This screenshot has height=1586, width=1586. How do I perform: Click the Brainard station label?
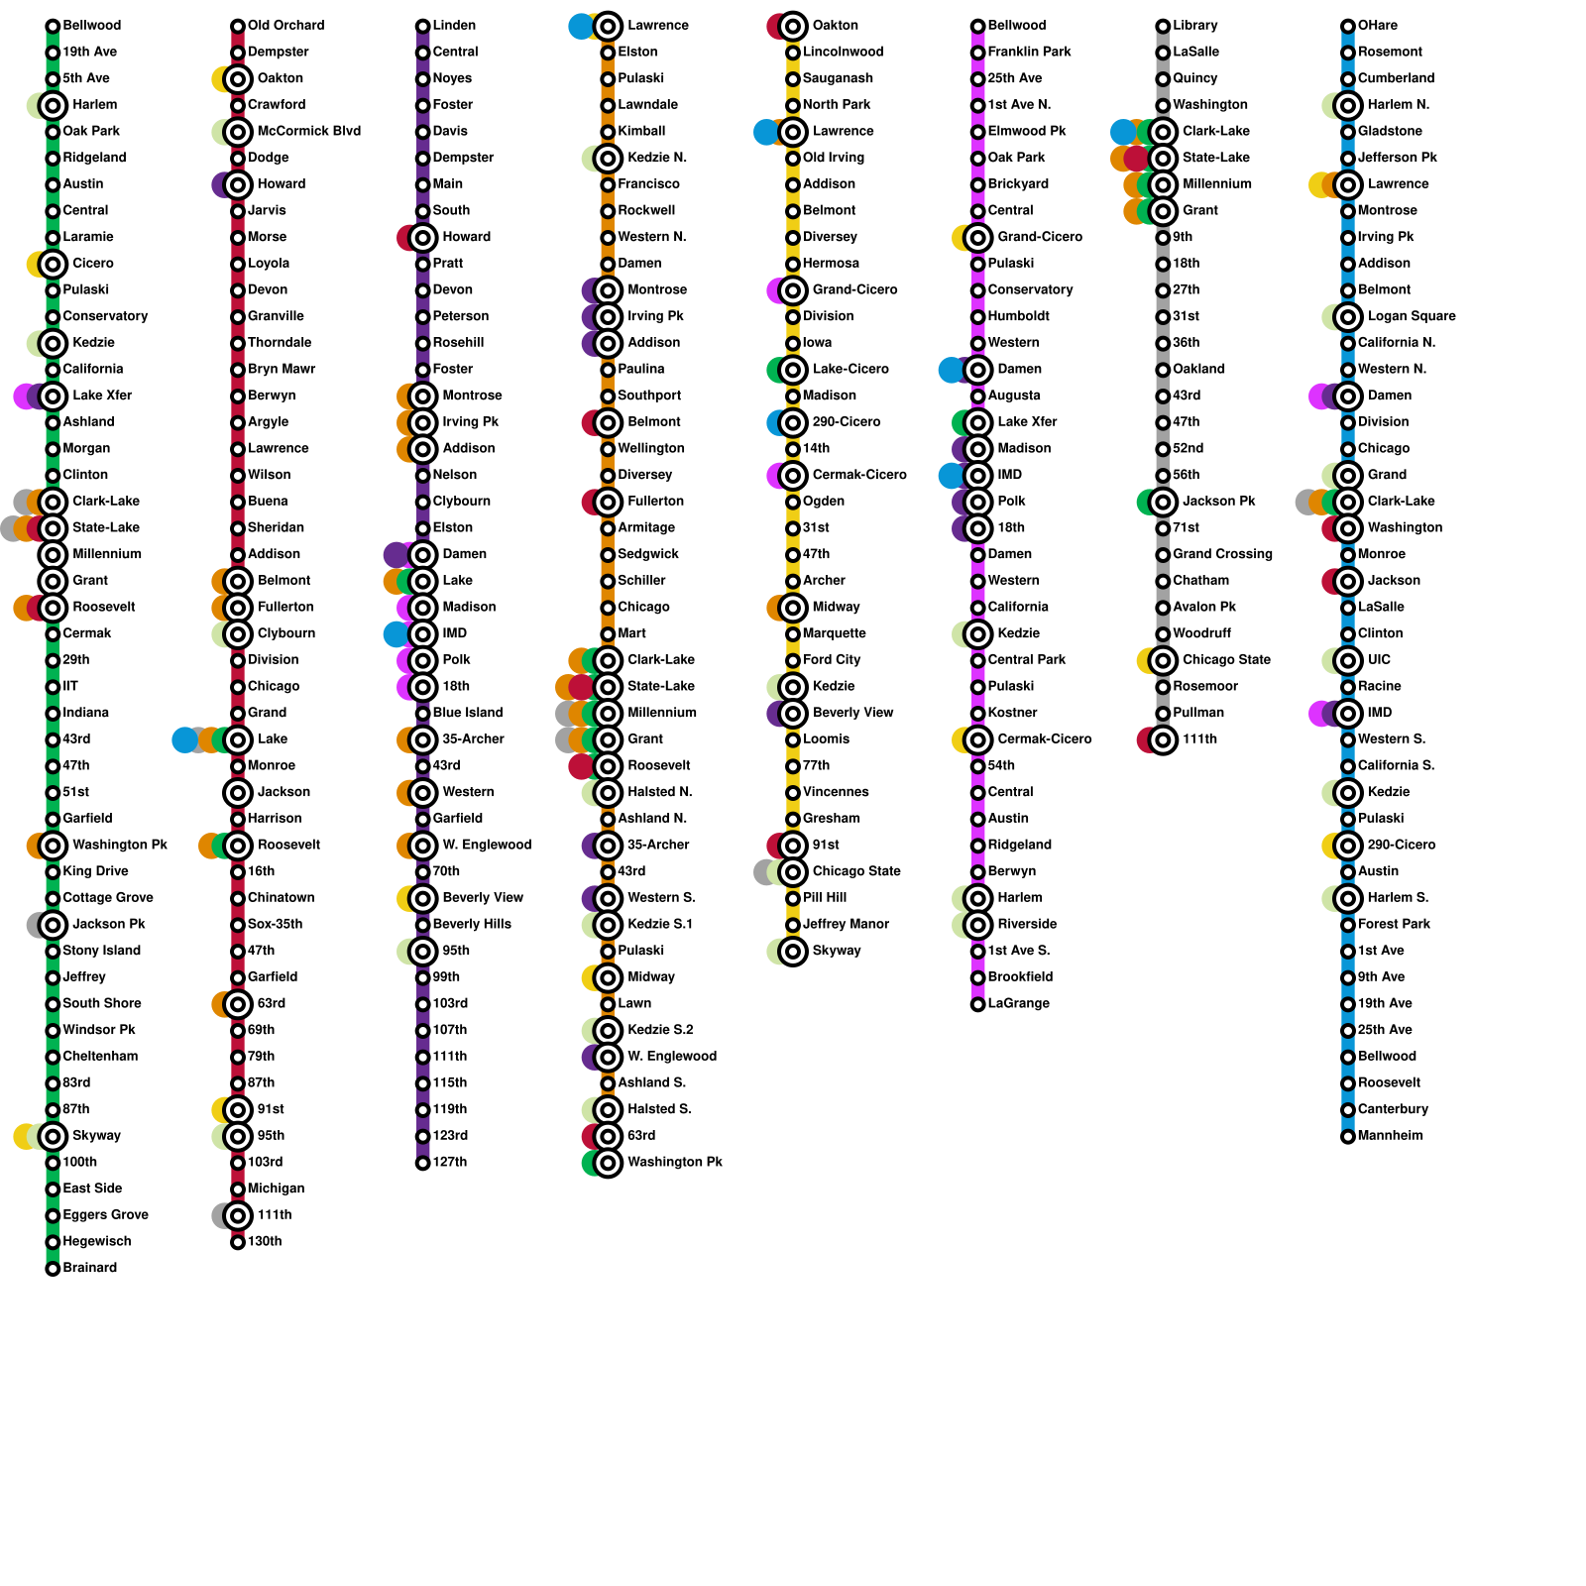pyautogui.click(x=89, y=1268)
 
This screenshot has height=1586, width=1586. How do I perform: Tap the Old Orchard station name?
pyautogui.click(x=285, y=26)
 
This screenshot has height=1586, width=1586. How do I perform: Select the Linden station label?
pyautogui.click(x=454, y=26)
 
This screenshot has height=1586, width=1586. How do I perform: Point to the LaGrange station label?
pyautogui.click(x=1018, y=1004)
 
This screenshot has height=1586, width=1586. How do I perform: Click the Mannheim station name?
pyautogui.click(x=1390, y=1136)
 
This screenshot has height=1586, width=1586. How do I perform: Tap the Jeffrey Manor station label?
pyautogui.click(x=846, y=925)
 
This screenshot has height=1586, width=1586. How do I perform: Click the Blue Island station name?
pyautogui.click(x=467, y=713)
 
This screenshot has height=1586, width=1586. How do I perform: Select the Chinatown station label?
pyautogui.click(x=281, y=898)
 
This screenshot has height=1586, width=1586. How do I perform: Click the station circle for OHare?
pyautogui.click(x=1348, y=26)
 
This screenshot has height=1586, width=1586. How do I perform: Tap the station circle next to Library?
pyautogui.click(x=1163, y=26)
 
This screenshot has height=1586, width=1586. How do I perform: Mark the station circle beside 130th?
pyautogui.click(x=238, y=1242)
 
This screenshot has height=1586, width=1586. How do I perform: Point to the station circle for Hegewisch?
pyautogui.click(x=53, y=1242)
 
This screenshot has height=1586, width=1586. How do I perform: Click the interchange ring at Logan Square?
pyautogui.click(x=1348, y=317)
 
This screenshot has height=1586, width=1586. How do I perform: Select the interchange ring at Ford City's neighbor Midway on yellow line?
pyautogui.click(x=793, y=608)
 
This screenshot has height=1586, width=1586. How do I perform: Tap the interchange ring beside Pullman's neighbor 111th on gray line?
pyautogui.click(x=1163, y=739)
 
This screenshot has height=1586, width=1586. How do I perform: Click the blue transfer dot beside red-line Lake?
pyautogui.click(x=184, y=739)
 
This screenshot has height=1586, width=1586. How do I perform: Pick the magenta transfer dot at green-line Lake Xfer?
pyautogui.click(x=25, y=396)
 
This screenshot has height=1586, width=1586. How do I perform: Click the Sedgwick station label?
pyautogui.click(x=645, y=554)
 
